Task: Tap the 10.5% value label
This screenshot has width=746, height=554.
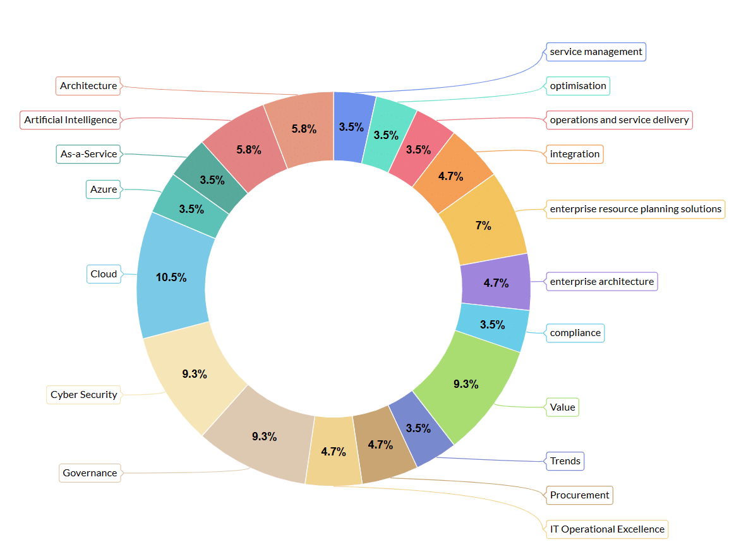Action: click(171, 277)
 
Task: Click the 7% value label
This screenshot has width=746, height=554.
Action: click(483, 226)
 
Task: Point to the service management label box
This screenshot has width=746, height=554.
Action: click(596, 52)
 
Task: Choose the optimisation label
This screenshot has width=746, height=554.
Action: click(578, 86)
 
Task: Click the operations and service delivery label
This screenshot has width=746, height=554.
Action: click(619, 120)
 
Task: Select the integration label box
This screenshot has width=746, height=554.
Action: click(575, 154)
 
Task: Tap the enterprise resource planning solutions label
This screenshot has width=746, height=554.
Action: click(635, 209)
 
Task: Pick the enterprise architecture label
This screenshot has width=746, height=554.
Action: click(602, 281)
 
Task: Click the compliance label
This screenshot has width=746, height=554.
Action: click(575, 333)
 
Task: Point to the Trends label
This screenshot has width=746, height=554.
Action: click(565, 461)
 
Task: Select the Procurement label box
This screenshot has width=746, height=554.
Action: click(579, 495)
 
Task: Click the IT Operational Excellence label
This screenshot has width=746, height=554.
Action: click(607, 529)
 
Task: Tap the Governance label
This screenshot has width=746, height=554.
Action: click(90, 473)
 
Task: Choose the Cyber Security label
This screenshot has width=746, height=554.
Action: click(84, 395)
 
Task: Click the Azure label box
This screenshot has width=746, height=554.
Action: click(103, 190)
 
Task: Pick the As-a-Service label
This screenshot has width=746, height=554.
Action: click(88, 154)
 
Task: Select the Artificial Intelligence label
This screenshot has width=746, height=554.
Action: click(71, 120)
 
